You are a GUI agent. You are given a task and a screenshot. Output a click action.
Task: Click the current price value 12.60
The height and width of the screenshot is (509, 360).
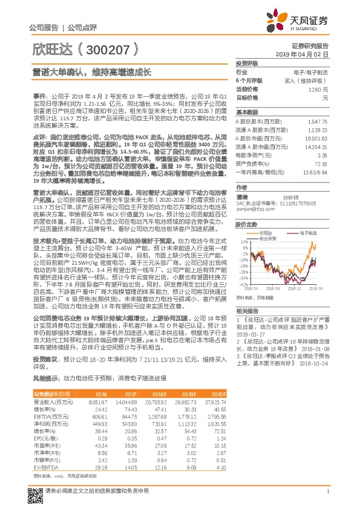(x=319, y=89)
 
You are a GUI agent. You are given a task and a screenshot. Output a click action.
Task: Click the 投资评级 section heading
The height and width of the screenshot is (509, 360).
(x=247, y=62)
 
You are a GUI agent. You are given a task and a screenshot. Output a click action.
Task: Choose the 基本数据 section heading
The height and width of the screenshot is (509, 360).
(x=247, y=112)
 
